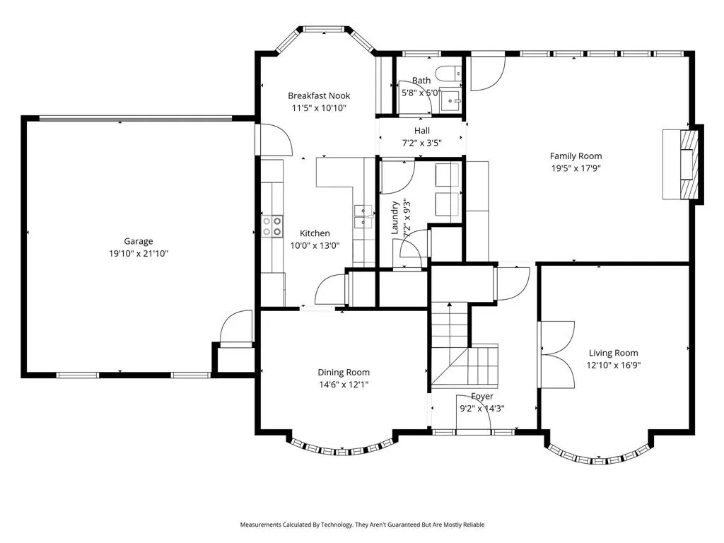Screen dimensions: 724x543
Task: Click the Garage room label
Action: pos(138,241)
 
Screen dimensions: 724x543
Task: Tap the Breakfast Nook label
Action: pos(319,95)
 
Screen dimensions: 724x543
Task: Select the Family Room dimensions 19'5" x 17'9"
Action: pos(576,168)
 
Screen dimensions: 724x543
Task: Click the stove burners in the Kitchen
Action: pos(272,226)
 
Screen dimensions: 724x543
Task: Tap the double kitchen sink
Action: pos(363,216)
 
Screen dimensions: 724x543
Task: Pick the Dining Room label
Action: pos(344,372)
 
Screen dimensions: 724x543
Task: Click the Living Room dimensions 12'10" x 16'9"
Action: pos(614,366)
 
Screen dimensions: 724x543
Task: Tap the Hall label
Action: pos(422,131)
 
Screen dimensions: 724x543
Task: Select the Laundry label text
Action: pos(395,218)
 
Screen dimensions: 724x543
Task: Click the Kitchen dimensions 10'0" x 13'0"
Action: pos(315,245)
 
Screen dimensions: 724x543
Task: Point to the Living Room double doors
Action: pos(556,354)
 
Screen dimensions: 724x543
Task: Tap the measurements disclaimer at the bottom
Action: pos(362,525)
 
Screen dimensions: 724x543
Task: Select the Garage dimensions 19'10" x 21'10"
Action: pos(138,254)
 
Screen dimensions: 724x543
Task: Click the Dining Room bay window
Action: pos(342,447)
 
